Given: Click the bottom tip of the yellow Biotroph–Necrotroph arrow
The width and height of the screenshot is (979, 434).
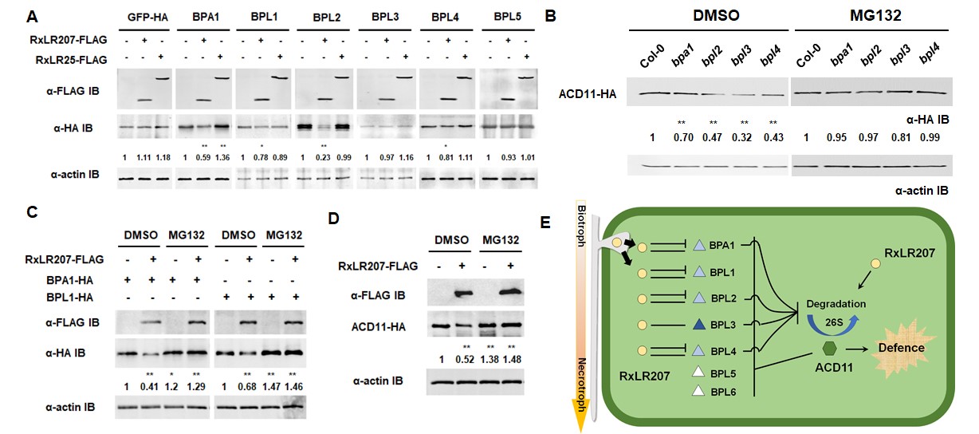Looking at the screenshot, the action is [x=581, y=432].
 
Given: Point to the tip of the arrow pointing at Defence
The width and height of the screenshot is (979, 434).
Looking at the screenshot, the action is [x=867, y=349].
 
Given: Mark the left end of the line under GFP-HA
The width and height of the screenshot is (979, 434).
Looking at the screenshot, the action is [x=119, y=30].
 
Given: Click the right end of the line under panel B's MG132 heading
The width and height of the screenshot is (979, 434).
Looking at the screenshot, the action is [x=949, y=30].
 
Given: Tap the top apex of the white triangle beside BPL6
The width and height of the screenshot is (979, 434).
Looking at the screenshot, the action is [x=698, y=385].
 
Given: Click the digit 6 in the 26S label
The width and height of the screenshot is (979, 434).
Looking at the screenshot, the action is [x=833, y=322].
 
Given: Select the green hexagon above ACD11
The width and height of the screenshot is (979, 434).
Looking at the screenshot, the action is [x=829, y=349].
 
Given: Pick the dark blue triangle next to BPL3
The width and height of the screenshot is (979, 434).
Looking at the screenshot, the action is [x=699, y=324].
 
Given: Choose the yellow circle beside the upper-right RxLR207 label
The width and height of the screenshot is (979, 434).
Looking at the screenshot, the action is [x=875, y=263].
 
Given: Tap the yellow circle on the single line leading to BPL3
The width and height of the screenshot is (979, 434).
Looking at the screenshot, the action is [x=642, y=325].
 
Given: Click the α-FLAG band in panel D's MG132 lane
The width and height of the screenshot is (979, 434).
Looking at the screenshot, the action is [x=509, y=291].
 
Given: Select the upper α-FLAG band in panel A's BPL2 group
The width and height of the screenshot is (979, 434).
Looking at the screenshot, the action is [x=342, y=78].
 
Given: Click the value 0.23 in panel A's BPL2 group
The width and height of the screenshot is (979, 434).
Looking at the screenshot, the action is [x=323, y=157].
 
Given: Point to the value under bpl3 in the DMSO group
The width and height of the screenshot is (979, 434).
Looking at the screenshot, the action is [x=741, y=137].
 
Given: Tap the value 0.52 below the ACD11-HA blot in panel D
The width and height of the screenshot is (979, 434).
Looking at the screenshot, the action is [x=465, y=359].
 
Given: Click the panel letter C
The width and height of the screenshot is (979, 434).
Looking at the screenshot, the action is [x=32, y=212].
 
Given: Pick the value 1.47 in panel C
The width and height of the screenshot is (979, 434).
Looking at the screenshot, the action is [x=271, y=386].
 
